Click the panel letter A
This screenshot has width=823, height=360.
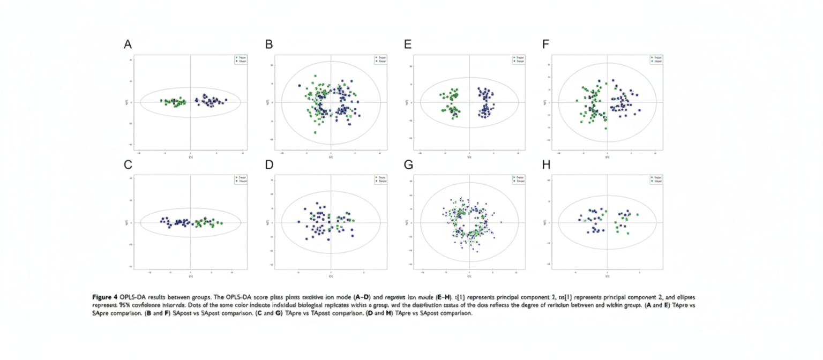click(128, 44)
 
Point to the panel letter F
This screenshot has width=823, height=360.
click(546, 44)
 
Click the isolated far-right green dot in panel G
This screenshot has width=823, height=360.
click(501, 222)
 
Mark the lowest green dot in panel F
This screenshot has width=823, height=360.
click(606, 128)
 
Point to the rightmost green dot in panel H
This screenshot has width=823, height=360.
click(637, 215)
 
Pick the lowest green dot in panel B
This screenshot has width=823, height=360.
click(315, 132)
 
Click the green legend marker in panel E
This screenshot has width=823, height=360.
click(514, 57)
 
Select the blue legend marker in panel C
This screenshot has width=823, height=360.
click(236, 182)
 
